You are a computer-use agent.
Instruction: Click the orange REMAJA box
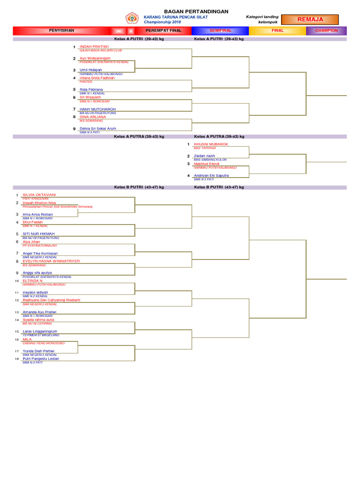click(x=310, y=19)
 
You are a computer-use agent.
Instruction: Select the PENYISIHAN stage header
click(x=61, y=30)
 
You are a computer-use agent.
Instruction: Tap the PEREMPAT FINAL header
click(x=163, y=30)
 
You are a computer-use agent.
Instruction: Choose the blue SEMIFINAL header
click(x=220, y=30)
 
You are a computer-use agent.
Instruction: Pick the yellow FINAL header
click(x=277, y=30)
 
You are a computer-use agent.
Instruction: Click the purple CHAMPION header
click(x=326, y=30)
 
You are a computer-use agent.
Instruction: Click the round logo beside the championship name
click(x=132, y=19)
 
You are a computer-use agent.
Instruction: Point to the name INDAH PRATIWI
click(x=94, y=47)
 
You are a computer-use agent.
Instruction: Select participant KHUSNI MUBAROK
click(x=211, y=144)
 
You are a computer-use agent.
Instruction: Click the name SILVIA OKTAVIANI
click(x=39, y=195)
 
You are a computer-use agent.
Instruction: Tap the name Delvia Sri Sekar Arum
click(x=98, y=128)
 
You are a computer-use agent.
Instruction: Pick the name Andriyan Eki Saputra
click(x=211, y=175)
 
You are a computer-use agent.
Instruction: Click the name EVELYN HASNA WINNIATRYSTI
click(x=51, y=261)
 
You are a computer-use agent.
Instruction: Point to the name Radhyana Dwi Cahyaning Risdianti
click(x=52, y=300)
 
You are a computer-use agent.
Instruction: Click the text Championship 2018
click(x=162, y=22)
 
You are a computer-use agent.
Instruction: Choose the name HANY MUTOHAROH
click(x=97, y=109)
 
